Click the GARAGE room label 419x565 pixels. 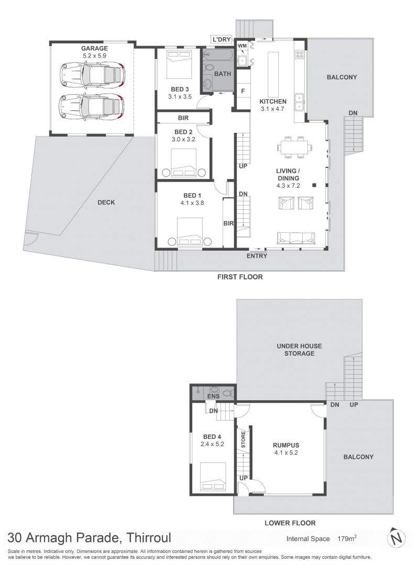pos(94,48)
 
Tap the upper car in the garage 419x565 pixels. pos(92,75)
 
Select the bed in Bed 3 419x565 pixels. pos(179,64)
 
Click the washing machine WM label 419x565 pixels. pos(242,46)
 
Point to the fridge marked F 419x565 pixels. pos(243,91)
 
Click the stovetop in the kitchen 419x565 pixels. pos(300,54)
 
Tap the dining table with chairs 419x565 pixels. pos(294,147)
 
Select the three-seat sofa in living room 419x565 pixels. pos(296,238)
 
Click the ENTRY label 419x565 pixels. pos(257,256)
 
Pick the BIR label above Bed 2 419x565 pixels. pos(183,118)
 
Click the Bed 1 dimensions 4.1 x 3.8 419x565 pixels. pos(192,203)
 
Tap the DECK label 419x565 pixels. pos(106,202)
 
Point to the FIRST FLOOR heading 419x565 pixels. pos(240,277)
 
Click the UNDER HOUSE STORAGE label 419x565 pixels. pos(299,349)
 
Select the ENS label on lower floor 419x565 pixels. pos(214,397)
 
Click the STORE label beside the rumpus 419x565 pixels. pos(243,439)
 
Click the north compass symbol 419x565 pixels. pos(396,538)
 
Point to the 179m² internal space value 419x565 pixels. pos(347,538)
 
